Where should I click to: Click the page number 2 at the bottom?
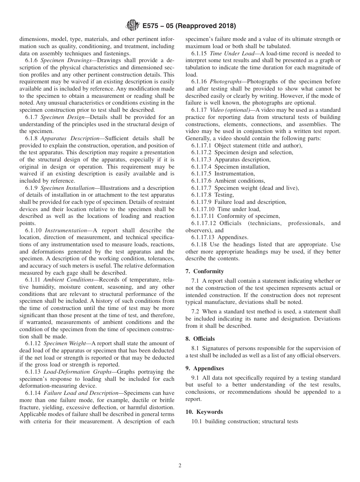click(180, 466)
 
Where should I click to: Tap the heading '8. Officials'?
click(204, 339)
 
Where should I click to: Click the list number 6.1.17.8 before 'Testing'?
click(202, 195)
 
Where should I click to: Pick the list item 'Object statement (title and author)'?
click(258, 146)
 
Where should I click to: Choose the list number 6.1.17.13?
click(203, 237)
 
